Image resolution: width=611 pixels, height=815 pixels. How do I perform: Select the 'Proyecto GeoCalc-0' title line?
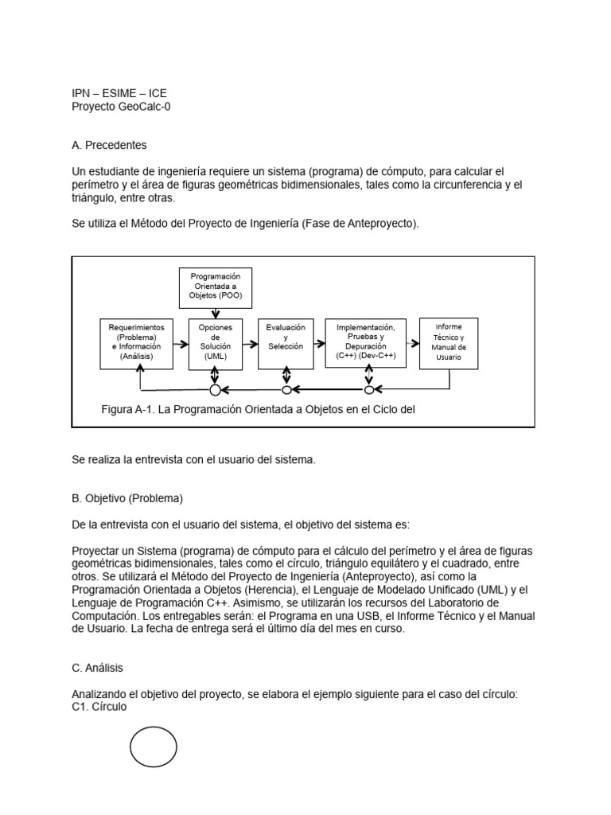[121, 106]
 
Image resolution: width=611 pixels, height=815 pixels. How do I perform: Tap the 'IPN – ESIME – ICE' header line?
[119, 93]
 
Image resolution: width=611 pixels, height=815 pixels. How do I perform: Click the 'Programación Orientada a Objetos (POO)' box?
[216, 288]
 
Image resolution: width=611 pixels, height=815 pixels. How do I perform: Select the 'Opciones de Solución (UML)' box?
[215, 343]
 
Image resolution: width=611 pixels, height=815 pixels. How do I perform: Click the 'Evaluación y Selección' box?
[286, 343]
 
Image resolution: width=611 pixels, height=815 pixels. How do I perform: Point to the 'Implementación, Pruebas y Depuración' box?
[366, 343]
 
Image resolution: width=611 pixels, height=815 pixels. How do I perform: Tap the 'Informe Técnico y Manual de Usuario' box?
[449, 343]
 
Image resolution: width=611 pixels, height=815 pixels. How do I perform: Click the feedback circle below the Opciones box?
[215, 390]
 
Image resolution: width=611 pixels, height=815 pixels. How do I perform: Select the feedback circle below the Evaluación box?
[287, 390]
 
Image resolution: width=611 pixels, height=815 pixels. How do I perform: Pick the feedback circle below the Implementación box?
[368, 390]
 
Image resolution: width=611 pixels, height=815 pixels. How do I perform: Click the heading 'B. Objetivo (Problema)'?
[127, 499]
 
